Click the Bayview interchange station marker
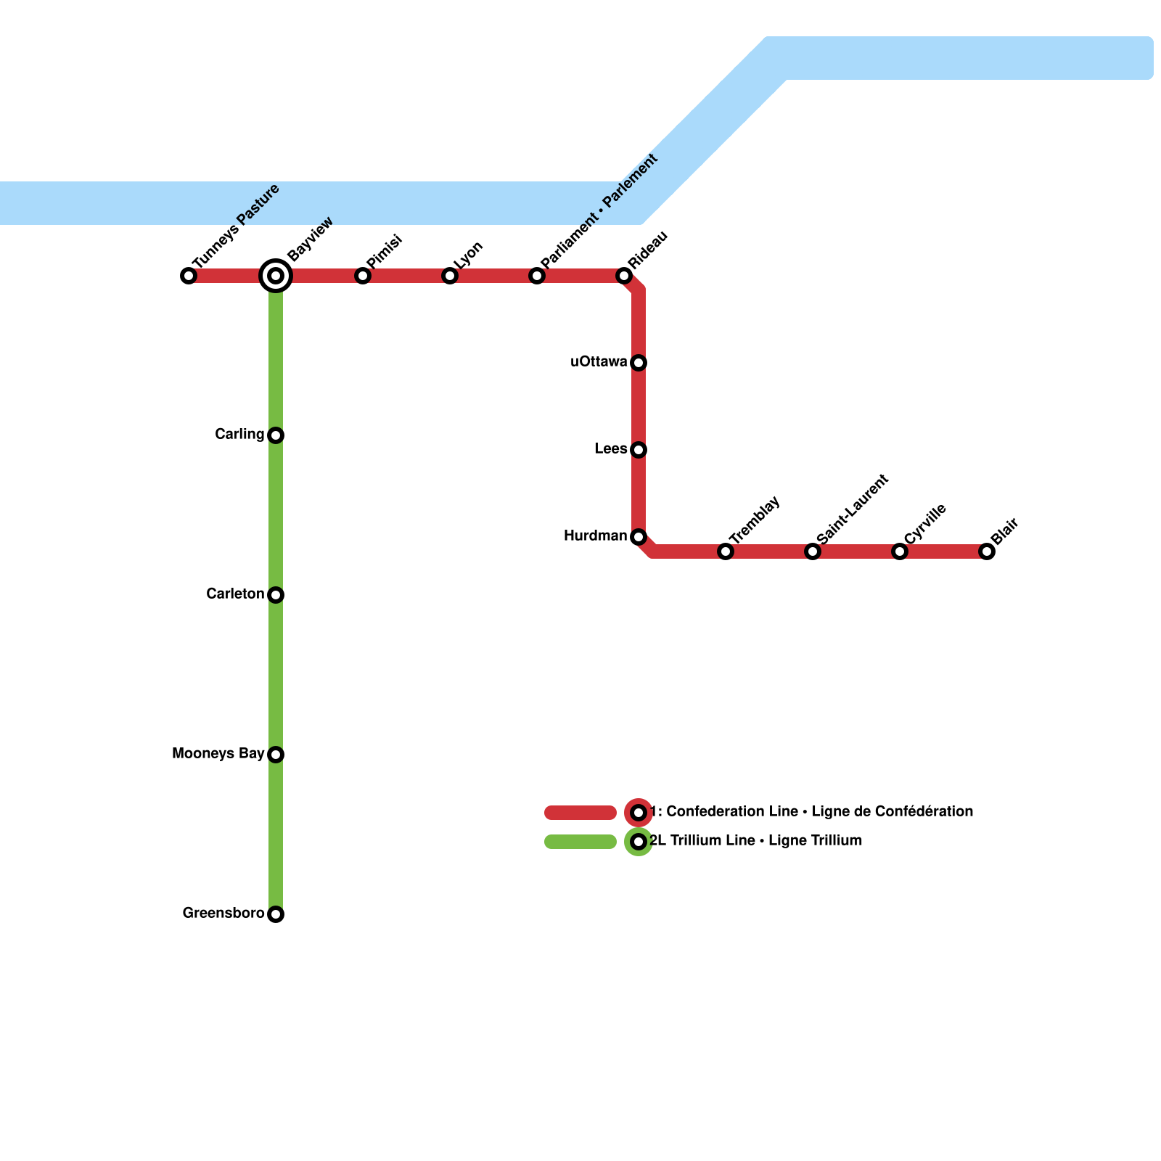pyautogui.click(x=276, y=276)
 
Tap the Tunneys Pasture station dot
pyautogui.click(x=189, y=276)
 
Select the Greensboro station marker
pyautogui.click(x=276, y=914)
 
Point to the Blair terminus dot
pyautogui.click(x=987, y=551)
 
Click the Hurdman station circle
pyautogui.click(x=639, y=537)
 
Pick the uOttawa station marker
pyautogui.click(x=639, y=363)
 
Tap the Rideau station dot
pyautogui.click(x=624, y=276)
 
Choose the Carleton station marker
pyautogui.click(x=276, y=595)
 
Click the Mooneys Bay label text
pyautogui.click(x=218, y=754)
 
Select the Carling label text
pyautogui.click(x=239, y=435)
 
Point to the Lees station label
pyautogui.click(x=611, y=449)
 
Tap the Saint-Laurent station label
pyautogui.click(x=853, y=509)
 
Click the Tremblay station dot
pyautogui.click(x=726, y=551)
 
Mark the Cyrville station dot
pyautogui.click(x=900, y=551)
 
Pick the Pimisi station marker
pyautogui.click(x=363, y=276)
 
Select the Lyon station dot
pyautogui.click(x=450, y=276)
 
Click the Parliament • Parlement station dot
pyautogui.click(x=537, y=276)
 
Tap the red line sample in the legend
pyautogui.click(x=580, y=813)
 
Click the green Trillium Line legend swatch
pyautogui.click(x=580, y=842)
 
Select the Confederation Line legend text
pyautogui.click(x=811, y=812)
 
